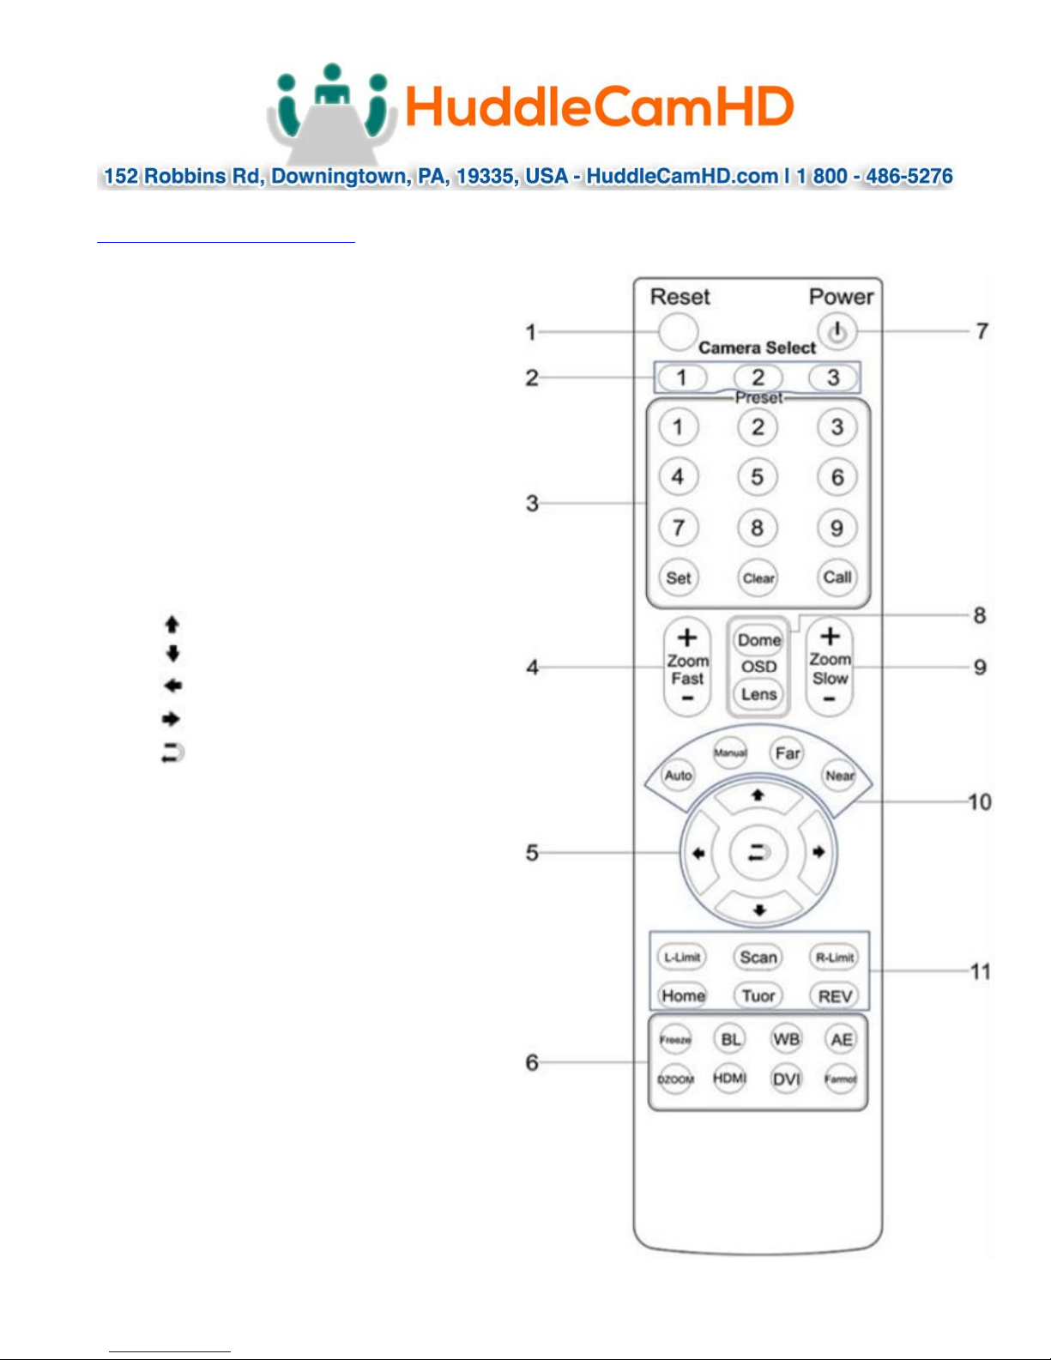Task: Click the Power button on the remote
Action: point(837,331)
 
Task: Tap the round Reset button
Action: point(678,331)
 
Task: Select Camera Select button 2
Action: point(758,378)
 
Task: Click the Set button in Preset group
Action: point(678,577)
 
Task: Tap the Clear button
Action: point(758,577)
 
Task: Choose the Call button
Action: point(837,577)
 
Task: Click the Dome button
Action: point(758,640)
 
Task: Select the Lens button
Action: point(758,694)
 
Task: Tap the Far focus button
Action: point(787,753)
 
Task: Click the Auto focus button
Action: point(678,776)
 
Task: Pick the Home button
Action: point(683,995)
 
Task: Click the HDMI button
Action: point(730,1079)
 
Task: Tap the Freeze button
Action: point(675,1040)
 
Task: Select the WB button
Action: point(786,1040)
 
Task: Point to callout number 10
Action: point(980,802)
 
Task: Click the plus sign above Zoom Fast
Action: point(687,638)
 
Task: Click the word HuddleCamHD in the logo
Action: point(599,106)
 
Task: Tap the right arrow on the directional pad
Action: point(818,853)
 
